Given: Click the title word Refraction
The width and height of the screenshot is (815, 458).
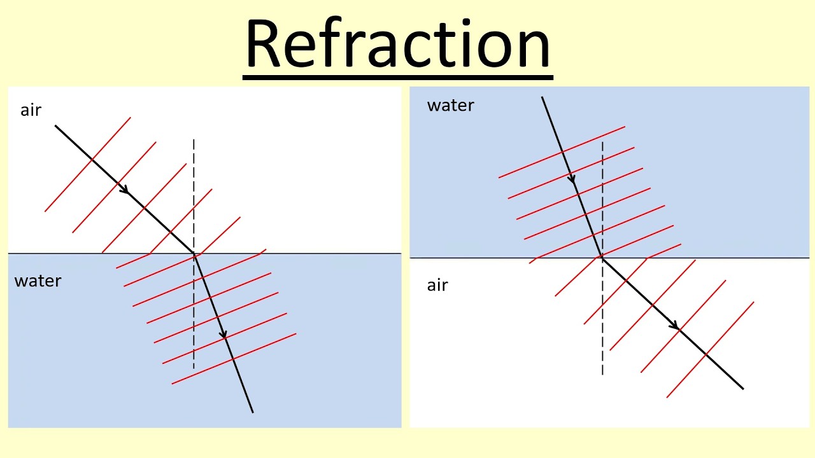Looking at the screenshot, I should tap(398, 44).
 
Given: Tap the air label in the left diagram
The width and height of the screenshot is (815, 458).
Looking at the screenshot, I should tap(31, 110).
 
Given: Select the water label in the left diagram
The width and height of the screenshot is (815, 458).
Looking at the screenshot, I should tap(38, 281).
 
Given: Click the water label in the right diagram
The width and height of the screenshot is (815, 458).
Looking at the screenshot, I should tap(450, 106).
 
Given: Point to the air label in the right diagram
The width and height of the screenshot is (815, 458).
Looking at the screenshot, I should tap(437, 285).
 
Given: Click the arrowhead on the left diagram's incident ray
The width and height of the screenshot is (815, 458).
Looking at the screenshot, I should tap(125, 190).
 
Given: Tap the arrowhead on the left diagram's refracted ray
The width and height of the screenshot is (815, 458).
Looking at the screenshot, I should tap(223, 334).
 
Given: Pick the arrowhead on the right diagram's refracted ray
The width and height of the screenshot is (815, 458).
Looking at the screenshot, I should tap(674, 325).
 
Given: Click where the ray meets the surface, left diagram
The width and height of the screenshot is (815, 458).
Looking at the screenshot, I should tap(194, 253).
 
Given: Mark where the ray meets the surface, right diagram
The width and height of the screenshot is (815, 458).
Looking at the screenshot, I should tap(602, 258).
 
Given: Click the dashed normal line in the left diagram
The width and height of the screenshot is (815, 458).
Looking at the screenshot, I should tap(194, 191).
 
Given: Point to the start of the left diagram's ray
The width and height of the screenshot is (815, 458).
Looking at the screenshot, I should tap(55, 126).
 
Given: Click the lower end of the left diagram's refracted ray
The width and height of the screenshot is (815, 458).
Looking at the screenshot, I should tap(253, 412).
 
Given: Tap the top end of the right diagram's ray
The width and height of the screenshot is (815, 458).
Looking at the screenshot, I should tap(542, 97).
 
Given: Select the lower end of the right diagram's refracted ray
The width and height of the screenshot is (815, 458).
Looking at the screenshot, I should tap(743, 388).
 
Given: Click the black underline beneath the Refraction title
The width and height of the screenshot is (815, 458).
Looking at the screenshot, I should tap(398, 78).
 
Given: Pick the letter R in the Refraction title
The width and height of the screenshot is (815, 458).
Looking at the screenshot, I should tap(262, 44).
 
